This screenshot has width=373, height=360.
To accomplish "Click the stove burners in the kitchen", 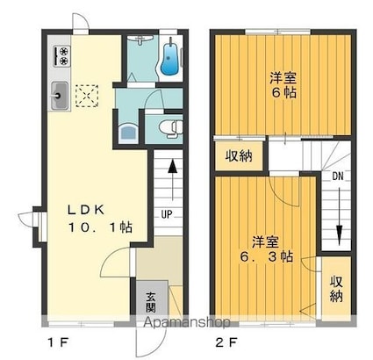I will point(62,55).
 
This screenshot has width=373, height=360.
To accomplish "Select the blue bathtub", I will point(169,58).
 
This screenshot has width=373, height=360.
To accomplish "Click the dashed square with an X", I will point(85,93).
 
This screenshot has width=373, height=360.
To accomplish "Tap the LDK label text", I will point(88,210).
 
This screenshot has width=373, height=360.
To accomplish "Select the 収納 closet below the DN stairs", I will point(337,288).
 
